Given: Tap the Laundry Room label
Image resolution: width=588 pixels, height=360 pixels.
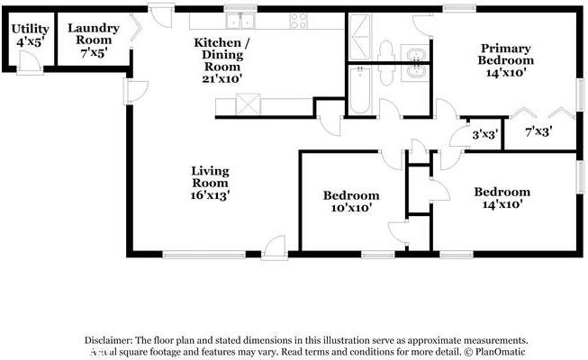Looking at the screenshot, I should tap(93, 35).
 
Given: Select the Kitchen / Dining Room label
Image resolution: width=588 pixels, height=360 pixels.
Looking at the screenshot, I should tap(222, 54).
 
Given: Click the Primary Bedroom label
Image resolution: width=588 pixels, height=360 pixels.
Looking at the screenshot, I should tap(506, 54).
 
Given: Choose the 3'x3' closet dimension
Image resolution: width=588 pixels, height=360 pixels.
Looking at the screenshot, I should tap(485, 134).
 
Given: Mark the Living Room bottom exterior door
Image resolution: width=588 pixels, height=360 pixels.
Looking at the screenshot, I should tap(276, 247).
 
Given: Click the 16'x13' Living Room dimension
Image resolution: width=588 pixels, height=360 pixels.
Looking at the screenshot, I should tap(210, 194).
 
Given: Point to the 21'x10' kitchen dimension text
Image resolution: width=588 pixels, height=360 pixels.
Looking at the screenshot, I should tap(222, 78).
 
